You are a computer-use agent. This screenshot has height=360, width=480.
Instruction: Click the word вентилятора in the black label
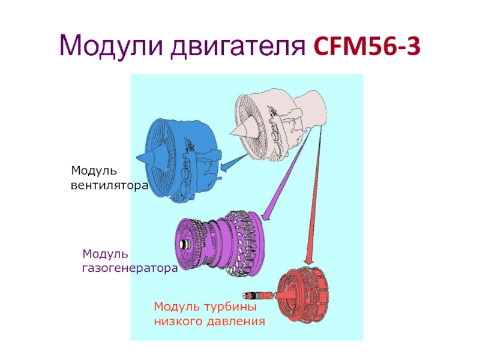click(x=109, y=187)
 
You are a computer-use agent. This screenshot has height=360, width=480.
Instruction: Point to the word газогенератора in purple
click(x=130, y=269)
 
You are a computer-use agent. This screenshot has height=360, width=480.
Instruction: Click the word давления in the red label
click(x=237, y=322)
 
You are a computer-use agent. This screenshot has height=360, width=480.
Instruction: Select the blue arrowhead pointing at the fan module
click(x=223, y=167)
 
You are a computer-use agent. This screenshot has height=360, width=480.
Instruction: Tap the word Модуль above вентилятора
click(x=92, y=172)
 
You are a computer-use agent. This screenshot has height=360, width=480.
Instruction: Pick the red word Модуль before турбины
click(x=176, y=307)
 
